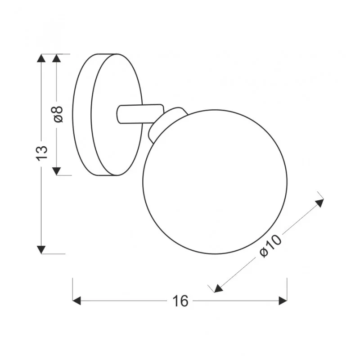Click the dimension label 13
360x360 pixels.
(x=41, y=153)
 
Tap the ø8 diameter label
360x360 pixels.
(x=58, y=114)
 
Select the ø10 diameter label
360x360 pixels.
(x=270, y=246)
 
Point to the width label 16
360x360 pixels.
(x=180, y=301)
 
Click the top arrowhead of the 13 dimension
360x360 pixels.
(x=41, y=58)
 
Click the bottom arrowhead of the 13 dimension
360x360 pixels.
(x=41, y=250)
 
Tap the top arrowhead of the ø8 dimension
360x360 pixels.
(x=57, y=58)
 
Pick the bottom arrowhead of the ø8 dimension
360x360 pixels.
(x=57, y=171)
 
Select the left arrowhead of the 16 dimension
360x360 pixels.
(x=76, y=301)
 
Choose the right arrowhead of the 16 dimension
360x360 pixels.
(x=283, y=301)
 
